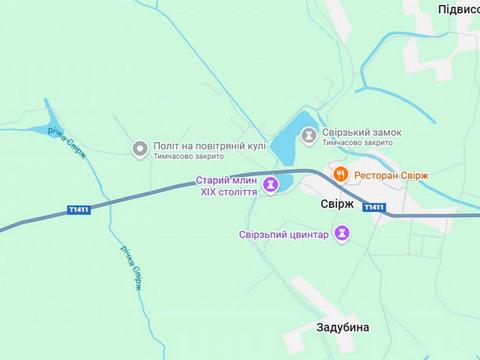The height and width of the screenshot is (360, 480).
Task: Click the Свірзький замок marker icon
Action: pyautogui.click(x=310, y=134)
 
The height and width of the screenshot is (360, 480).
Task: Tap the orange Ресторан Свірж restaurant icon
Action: pyautogui.click(x=341, y=174)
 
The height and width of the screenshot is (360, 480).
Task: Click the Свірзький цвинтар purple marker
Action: pyautogui.click(x=341, y=233)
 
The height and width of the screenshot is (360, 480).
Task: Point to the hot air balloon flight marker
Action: pyautogui.click(x=140, y=149)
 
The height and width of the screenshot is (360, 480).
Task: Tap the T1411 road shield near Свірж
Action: pyautogui.click(x=373, y=207)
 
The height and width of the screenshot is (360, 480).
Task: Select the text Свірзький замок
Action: pyautogui.click(x=362, y=129)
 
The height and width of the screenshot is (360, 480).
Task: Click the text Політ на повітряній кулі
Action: pyautogui.click(x=209, y=145)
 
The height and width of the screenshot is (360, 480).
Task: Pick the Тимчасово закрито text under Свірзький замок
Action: pyautogui.click(x=357, y=143)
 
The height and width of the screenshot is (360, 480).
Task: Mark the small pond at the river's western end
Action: pyautogui.click(x=41, y=129)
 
